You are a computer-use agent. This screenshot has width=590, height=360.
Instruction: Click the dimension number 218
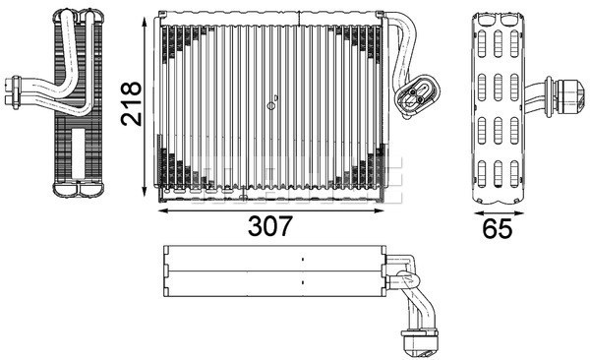click(x=131, y=103)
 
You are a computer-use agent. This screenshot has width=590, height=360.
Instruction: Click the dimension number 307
click(x=269, y=226)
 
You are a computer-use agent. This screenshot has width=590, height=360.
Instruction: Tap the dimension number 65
click(x=498, y=228)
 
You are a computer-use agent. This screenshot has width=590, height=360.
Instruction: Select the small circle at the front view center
click(x=271, y=106)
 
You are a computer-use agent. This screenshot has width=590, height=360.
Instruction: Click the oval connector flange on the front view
click(x=417, y=94)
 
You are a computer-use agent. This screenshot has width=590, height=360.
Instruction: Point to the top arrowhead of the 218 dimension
click(x=145, y=21)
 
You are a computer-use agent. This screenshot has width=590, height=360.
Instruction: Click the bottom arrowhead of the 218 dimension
click(x=145, y=191)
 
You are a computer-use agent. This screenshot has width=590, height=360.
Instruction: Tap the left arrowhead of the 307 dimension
click(x=163, y=210)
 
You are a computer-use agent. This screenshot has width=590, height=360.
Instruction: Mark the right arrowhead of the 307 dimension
click(x=379, y=210)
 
